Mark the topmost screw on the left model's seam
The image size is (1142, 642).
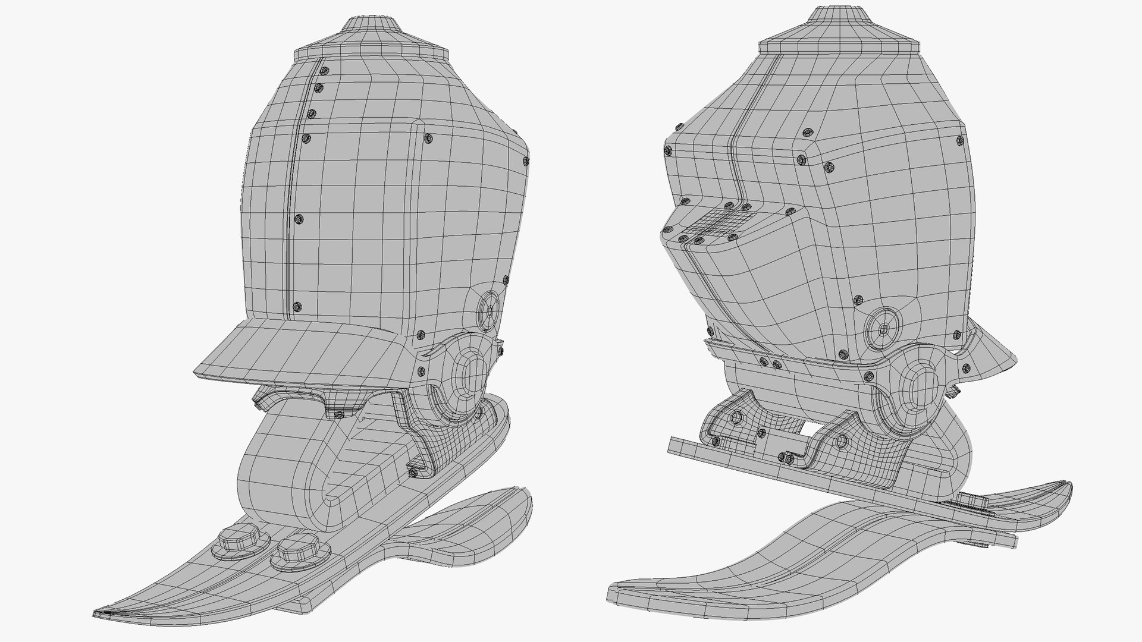pyautogui.click(x=324, y=71)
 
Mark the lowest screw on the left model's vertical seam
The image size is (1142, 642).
pyautogui.click(x=297, y=307)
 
